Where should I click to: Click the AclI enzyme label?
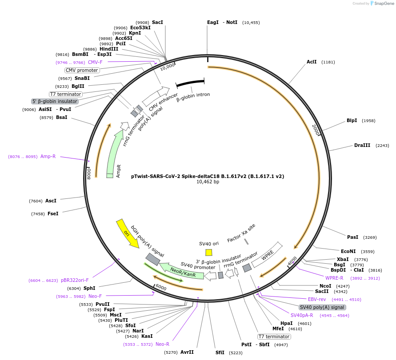(312, 62)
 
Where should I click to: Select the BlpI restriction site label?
(352, 121)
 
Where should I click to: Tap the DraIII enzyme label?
(362, 146)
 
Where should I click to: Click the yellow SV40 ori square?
(208, 252)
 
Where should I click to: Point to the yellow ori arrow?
(127, 233)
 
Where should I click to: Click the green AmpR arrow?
(114, 153)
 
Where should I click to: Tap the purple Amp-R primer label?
(48, 156)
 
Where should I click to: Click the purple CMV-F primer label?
(95, 62)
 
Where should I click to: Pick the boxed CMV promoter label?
(82, 70)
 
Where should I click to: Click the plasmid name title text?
(208, 176)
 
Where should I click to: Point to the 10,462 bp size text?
(208, 182)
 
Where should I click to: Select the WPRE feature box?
(267, 257)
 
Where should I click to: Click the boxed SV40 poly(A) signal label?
(322, 307)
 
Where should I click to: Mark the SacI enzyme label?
(157, 22)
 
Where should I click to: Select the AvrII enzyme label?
(187, 352)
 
